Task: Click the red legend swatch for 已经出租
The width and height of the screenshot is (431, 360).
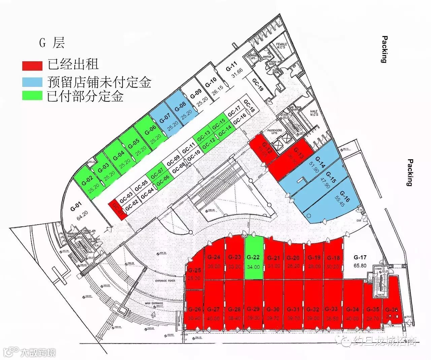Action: tap(32, 65)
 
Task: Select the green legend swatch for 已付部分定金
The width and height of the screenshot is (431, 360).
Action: tap(32, 96)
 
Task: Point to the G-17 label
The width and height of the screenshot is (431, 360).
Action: tap(360, 258)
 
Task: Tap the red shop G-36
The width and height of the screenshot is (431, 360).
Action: tap(392, 313)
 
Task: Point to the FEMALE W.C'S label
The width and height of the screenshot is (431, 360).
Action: tap(281, 45)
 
